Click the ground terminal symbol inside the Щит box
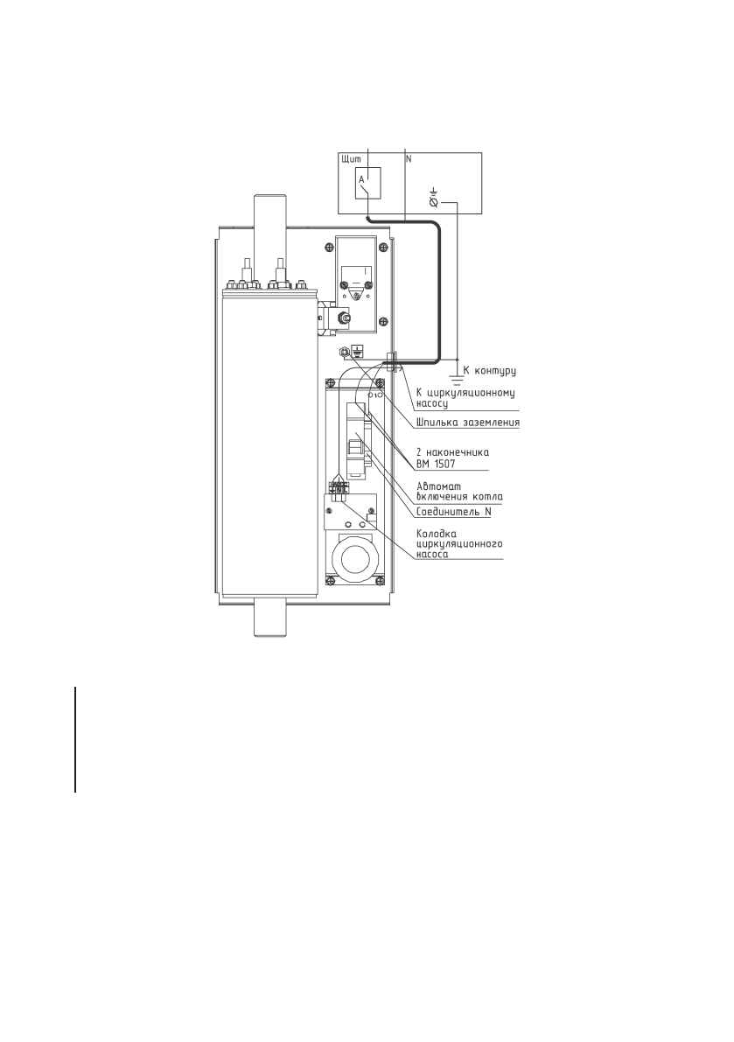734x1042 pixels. tap(434, 198)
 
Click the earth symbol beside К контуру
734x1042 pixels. tap(457, 379)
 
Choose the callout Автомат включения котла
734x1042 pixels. tap(460, 490)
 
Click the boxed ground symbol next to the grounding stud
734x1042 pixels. tap(357, 352)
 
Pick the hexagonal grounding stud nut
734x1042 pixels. tap(345, 352)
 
